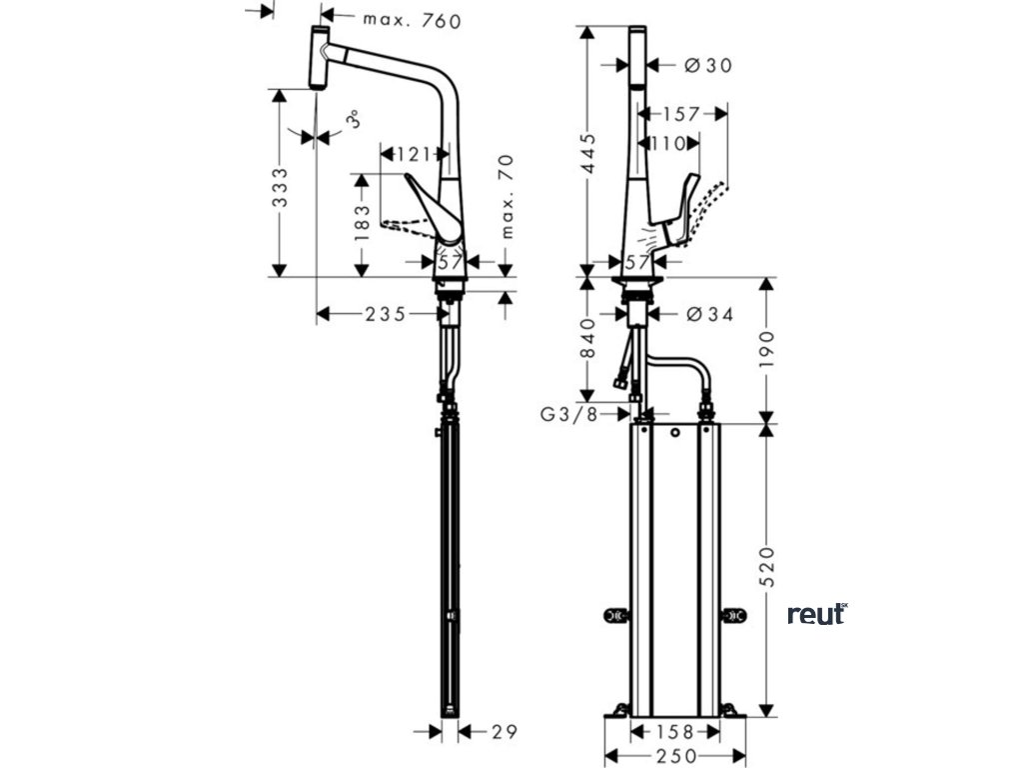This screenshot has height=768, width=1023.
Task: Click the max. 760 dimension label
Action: pyautogui.click(x=412, y=20)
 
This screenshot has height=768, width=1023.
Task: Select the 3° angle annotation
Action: pyautogui.click(x=352, y=122)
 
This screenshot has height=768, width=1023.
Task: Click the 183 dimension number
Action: pyautogui.click(x=365, y=225)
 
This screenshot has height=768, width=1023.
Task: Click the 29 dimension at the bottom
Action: pyautogui.click(x=505, y=731)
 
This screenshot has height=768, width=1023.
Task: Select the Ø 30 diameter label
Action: pyautogui.click(x=708, y=65)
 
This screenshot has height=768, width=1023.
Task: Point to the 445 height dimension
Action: pyautogui.click(x=589, y=152)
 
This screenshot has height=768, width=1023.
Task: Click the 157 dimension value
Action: pyautogui.click(x=681, y=114)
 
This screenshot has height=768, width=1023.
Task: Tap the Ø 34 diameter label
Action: pyautogui.click(x=710, y=314)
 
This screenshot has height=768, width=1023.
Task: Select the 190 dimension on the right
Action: pyautogui.click(x=766, y=350)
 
